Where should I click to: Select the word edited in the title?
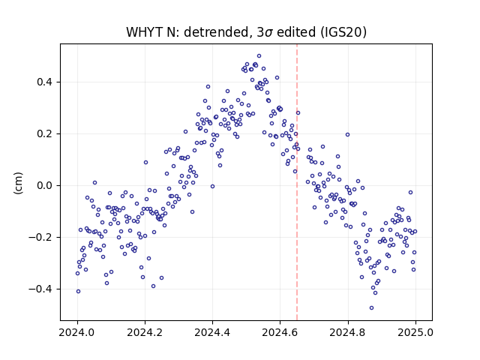click(x=295, y=32)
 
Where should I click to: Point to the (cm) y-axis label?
click(x=18, y=183)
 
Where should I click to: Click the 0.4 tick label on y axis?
click(x=44, y=82)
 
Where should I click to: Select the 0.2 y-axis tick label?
click(x=44, y=133)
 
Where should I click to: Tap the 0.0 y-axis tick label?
click(x=44, y=185)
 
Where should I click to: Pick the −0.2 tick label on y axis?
click(x=40, y=237)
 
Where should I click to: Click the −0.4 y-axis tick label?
click(x=40, y=289)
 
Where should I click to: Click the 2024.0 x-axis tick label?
click(x=77, y=332)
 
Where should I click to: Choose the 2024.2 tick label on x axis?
click(x=145, y=332)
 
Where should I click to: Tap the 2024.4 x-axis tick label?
click(x=212, y=332)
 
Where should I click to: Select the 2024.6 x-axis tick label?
click(x=280, y=332)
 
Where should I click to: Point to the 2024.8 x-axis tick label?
click(x=347, y=332)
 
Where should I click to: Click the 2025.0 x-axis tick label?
click(x=415, y=332)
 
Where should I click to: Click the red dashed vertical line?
click(x=297, y=182)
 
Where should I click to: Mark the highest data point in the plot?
click(x=259, y=56)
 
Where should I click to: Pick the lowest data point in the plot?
click(x=372, y=308)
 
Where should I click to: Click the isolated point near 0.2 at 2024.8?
click(x=347, y=135)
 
